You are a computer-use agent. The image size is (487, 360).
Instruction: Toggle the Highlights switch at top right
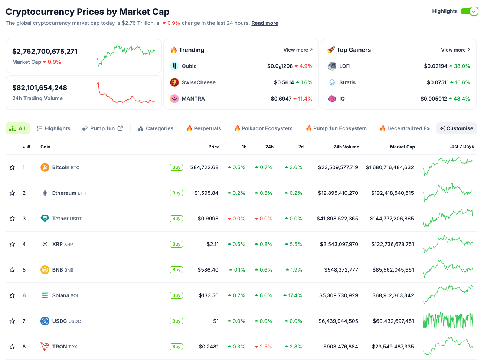tap(469, 11)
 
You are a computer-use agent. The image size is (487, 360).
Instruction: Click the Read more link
tap(265, 23)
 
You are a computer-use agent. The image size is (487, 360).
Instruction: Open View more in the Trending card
tap(298, 50)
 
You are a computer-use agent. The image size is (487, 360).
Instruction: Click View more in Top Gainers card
tap(455, 50)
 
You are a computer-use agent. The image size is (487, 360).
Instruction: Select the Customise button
tap(457, 128)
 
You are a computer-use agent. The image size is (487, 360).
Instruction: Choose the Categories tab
tap(156, 128)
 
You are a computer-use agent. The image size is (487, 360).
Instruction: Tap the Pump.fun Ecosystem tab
tap(336, 128)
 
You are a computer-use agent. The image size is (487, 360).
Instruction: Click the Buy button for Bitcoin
tap(176, 167)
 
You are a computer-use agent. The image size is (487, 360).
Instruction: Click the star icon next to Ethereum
tap(12, 193)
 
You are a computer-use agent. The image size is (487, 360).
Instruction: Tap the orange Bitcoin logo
tap(45, 167)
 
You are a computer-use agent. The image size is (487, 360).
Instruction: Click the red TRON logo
tap(45, 347)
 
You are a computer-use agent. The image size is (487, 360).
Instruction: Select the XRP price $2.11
tap(212, 244)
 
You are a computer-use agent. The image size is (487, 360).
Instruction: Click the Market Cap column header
tap(402, 147)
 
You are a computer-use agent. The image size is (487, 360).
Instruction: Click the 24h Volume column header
tap(346, 147)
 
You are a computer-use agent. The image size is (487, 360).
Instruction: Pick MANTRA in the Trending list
tap(193, 99)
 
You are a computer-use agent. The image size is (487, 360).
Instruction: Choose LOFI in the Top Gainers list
tap(344, 66)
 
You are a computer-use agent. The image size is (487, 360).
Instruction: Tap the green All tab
tap(17, 128)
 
